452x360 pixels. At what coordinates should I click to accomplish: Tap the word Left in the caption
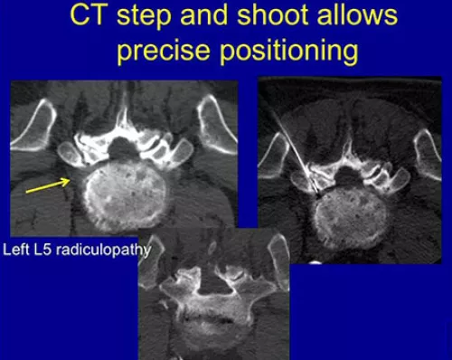(19, 246)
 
